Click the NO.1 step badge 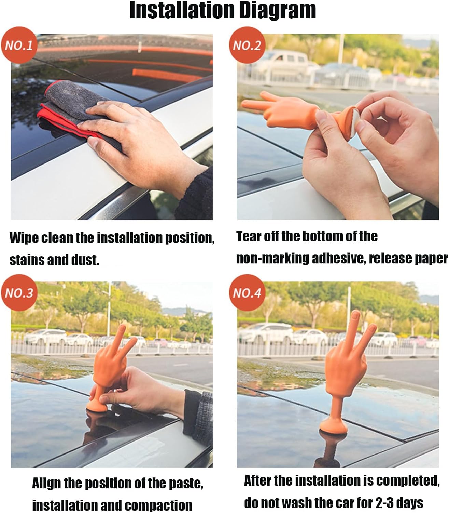[19, 45]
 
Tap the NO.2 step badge [247, 45]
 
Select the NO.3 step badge [19, 293]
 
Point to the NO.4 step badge [247, 293]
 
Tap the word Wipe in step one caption [24, 238]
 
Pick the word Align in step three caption [46, 483]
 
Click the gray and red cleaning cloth [76, 111]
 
